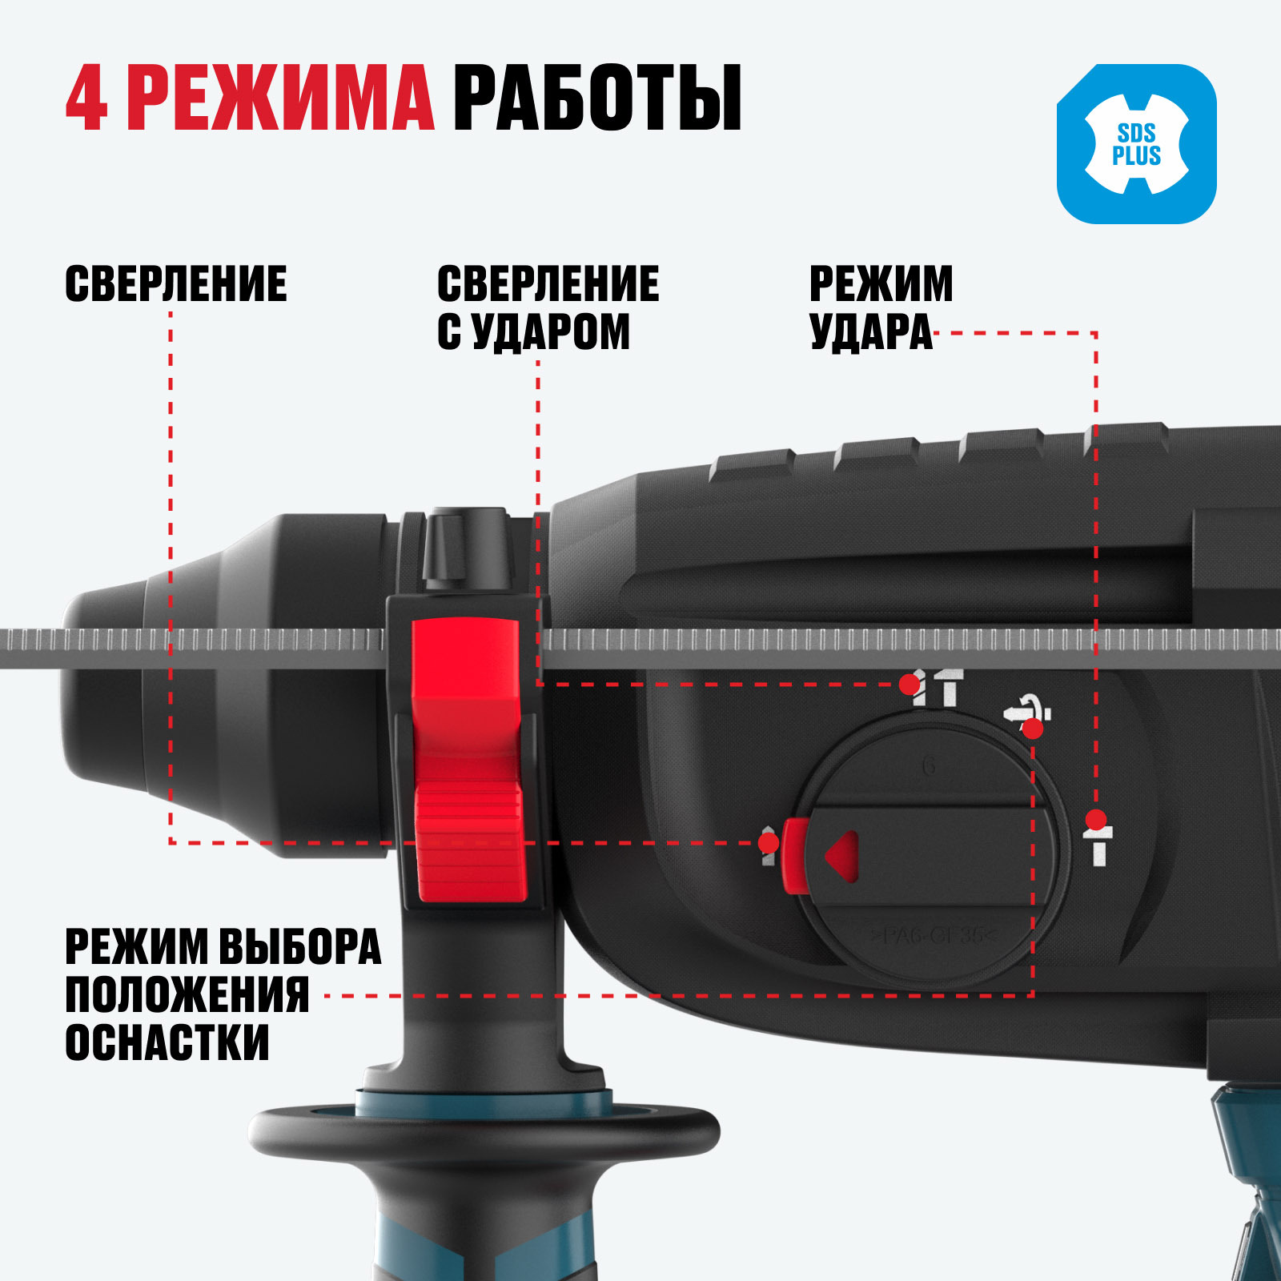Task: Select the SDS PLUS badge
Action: click(1136, 144)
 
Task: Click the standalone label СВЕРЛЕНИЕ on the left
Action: click(176, 284)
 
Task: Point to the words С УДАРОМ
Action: click(533, 331)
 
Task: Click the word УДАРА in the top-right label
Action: click(871, 331)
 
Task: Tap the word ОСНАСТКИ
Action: click(167, 1042)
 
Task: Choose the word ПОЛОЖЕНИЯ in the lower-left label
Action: click(187, 994)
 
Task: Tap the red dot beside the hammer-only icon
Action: click(1096, 820)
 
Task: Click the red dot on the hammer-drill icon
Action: click(909, 685)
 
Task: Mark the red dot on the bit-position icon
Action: click(1033, 729)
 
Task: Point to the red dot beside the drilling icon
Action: click(769, 842)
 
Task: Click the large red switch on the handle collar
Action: click(466, 760)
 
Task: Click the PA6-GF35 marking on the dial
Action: click(934, 935)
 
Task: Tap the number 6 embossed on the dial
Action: click(929, 766)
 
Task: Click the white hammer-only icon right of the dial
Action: click(1098, 847)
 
